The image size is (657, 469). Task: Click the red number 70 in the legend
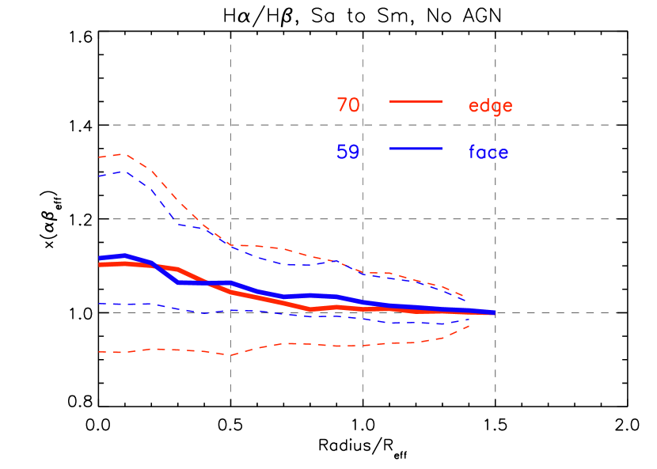pos(348,105)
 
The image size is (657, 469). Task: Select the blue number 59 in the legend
pos(348,152)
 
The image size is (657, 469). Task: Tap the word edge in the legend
pos(490,106)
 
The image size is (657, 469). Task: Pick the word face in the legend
pos(488,152)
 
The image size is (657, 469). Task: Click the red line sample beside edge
pos(416,101)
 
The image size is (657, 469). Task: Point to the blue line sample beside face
pos(416,149)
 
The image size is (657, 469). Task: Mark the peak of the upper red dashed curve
pos(124,154)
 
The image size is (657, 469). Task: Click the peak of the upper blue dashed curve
pos(124,172)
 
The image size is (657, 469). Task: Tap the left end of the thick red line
pos(100,264)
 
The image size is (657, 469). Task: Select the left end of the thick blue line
pos(100,258)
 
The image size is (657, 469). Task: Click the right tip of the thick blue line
pos(494,313)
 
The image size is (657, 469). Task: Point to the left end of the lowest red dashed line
pos(100,352)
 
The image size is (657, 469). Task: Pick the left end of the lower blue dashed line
pos(100,304)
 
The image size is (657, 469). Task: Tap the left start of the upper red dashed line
pos(100,157)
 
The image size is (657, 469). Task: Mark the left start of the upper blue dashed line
pos(100,176)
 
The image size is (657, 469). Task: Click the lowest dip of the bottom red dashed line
pos(231,355)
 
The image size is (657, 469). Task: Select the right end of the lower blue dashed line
pos(469,320)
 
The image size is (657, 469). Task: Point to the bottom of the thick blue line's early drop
pos(179,282)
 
